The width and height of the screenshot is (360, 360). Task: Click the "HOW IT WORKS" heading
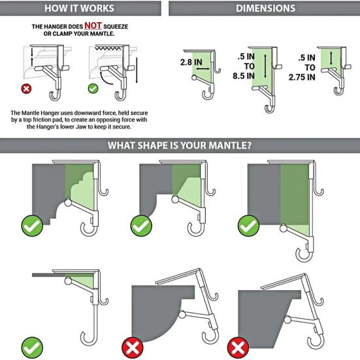click(79, 8)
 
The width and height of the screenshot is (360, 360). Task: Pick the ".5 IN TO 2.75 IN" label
click(307, 67)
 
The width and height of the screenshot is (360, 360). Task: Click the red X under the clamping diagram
click(27, 89)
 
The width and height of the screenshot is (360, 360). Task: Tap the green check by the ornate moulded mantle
click(33, 226)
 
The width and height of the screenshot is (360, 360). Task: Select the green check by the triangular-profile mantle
click(140, 226)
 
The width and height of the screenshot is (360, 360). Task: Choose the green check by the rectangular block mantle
click(247, 226)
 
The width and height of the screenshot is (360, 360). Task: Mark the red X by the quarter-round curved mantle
click(131, 345)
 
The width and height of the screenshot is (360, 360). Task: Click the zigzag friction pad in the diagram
click(112, 48)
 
